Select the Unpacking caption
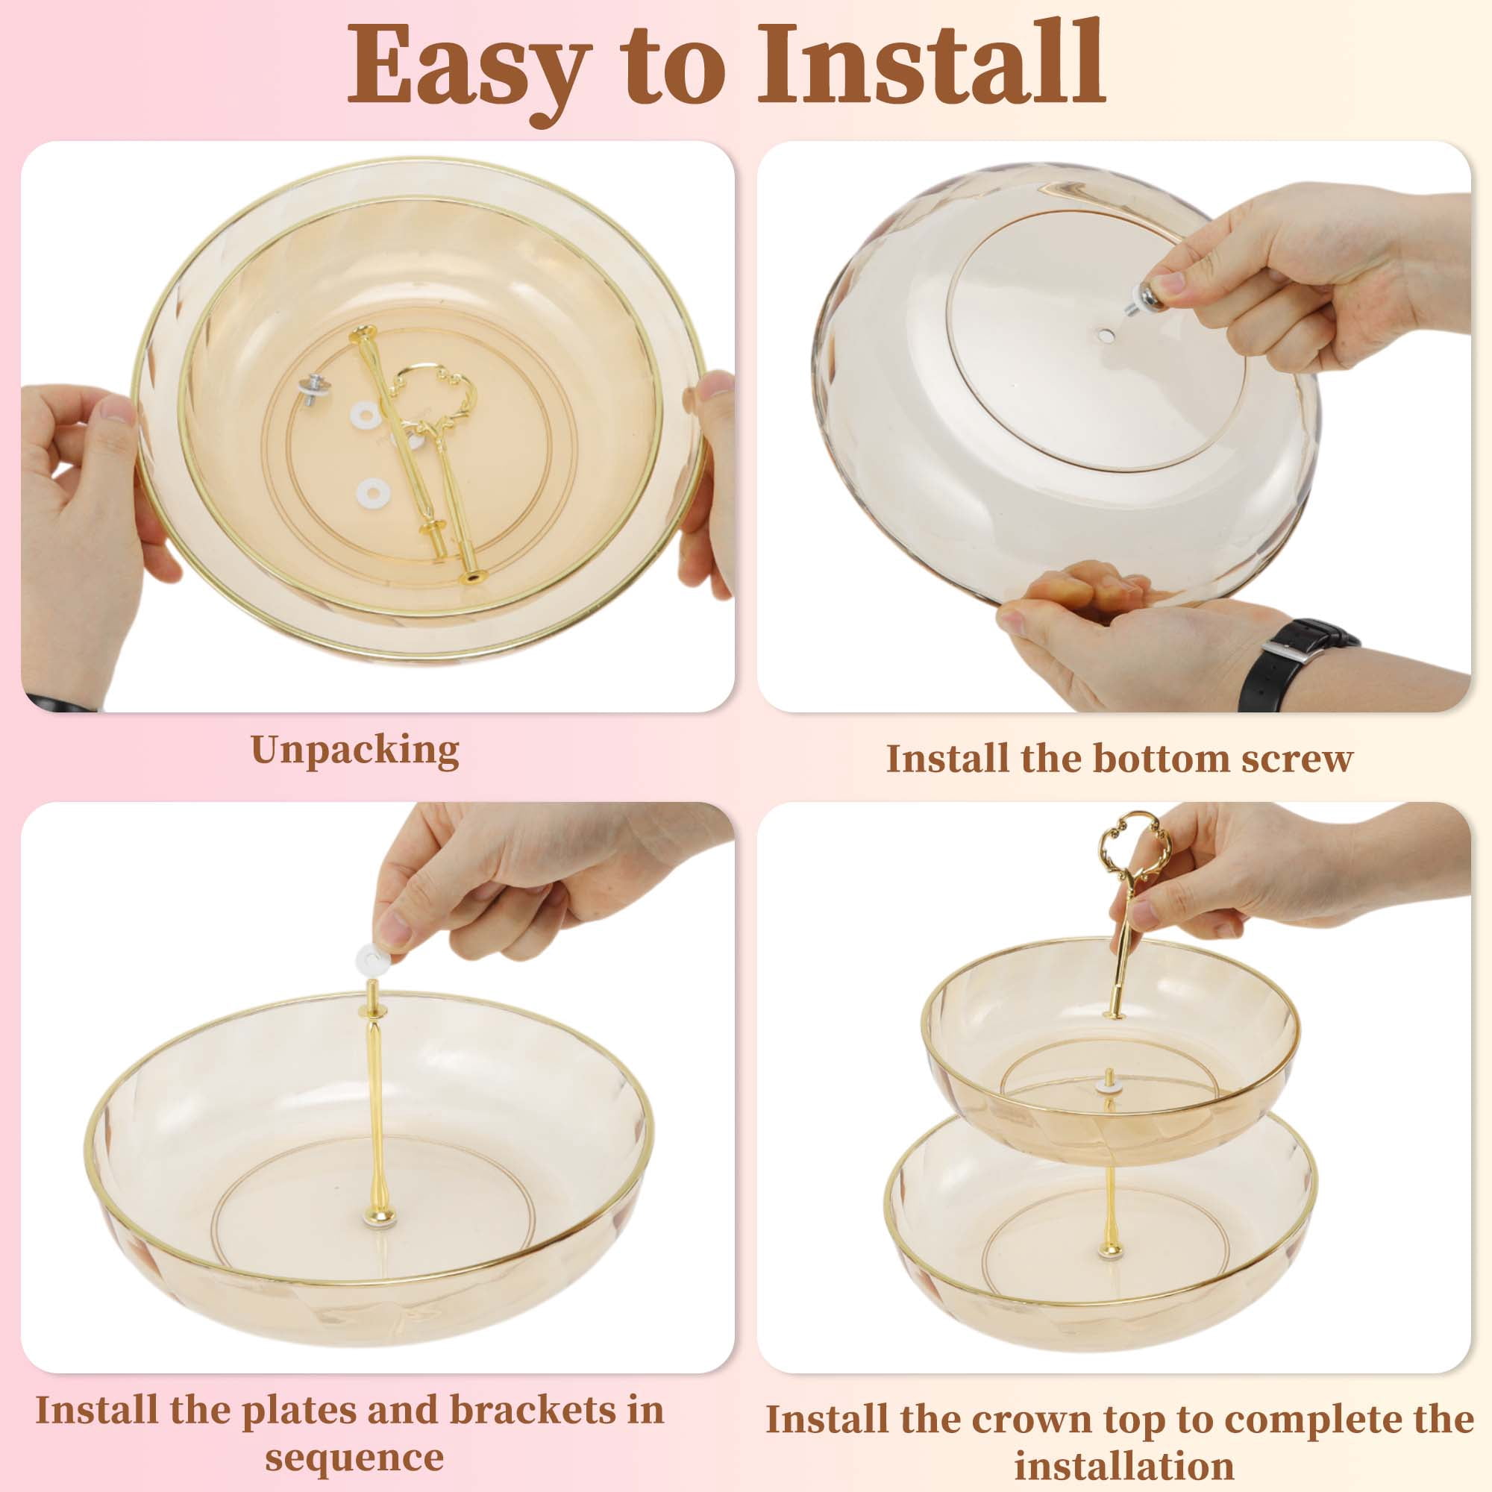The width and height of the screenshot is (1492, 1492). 354,749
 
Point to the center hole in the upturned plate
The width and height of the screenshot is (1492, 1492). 1105,336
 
